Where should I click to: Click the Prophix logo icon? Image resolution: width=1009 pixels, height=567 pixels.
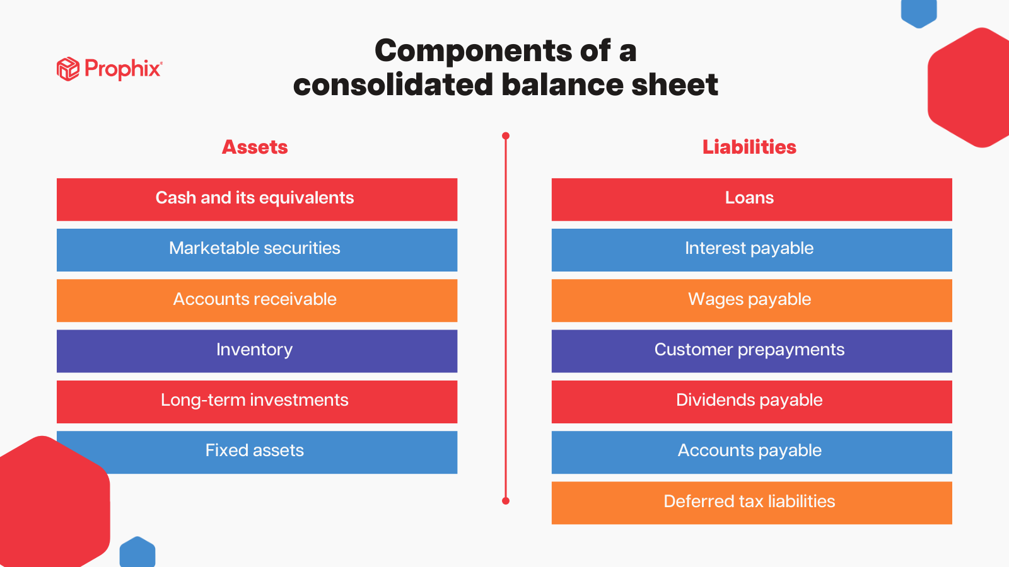(67, 69)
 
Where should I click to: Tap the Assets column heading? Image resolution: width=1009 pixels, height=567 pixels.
(255, 147)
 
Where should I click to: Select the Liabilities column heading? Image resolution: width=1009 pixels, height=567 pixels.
(749, 147)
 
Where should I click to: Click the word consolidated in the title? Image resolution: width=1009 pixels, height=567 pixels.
(392, 85)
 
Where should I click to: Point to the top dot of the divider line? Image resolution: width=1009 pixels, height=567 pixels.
(506, 136)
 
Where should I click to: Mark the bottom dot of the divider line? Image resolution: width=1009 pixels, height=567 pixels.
(506, 501)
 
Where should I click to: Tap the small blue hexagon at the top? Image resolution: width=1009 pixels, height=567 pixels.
(919, 12)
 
